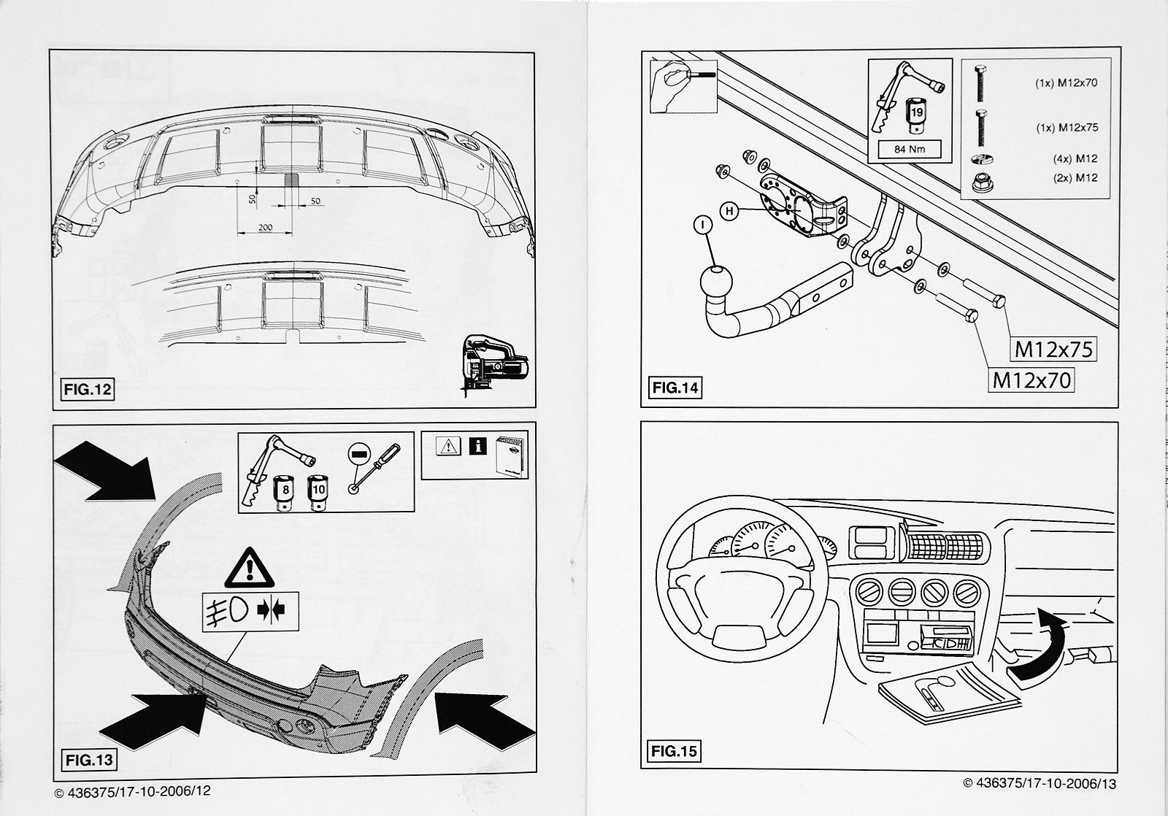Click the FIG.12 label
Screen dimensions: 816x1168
coord(87,389)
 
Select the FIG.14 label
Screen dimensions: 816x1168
coord(675,388)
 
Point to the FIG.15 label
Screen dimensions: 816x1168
coord(675,750)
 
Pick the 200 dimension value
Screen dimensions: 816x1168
coord(265,228)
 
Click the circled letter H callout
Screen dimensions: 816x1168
coord(728,212)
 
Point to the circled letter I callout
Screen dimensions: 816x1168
coord(702,226)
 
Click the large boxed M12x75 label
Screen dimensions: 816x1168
coord(1054,350)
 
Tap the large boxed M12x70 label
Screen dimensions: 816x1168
coord(1031,380)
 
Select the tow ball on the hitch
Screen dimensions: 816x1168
coord(717,282)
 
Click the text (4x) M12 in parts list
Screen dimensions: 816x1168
coord(1076,158)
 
